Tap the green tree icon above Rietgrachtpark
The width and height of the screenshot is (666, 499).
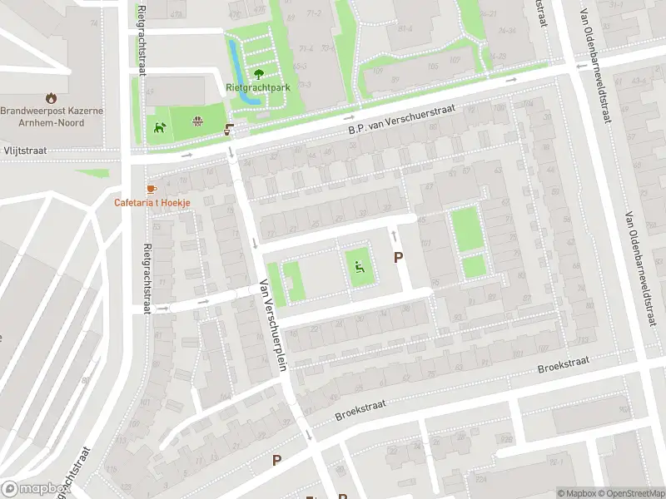257,73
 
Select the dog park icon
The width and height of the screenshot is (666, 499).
159,127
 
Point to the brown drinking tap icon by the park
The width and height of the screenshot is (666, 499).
229,130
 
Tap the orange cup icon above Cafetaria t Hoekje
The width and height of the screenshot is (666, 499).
151,189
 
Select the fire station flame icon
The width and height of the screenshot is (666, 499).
52,96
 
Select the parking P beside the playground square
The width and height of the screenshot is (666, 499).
398,258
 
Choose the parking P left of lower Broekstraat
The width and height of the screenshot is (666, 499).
276,459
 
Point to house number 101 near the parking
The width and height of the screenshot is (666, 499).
425,245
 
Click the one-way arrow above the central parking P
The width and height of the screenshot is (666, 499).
394,238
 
